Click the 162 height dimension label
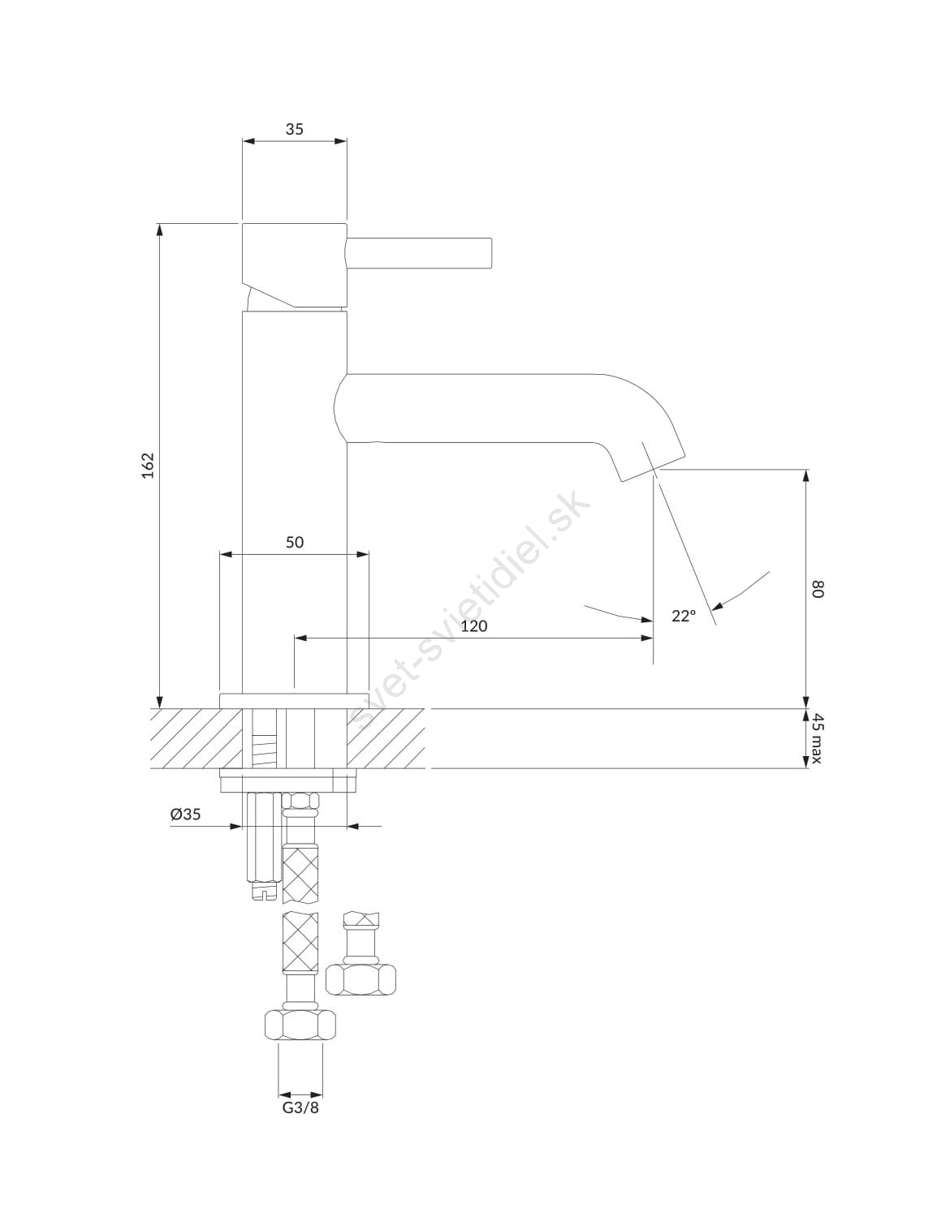[x=148, y=464]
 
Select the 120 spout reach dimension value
[x=473, y=626]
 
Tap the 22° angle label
[x=684, y=616]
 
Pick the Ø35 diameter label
[x=185, y=815]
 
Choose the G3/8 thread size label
[x=300, y=1107]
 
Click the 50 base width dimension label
[x=294, y=542]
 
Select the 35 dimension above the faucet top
[x=294, y=129]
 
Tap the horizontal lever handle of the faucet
[x=420, y=252]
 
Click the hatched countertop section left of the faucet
[x=184, y=738]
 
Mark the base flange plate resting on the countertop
[x=293, y=700]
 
